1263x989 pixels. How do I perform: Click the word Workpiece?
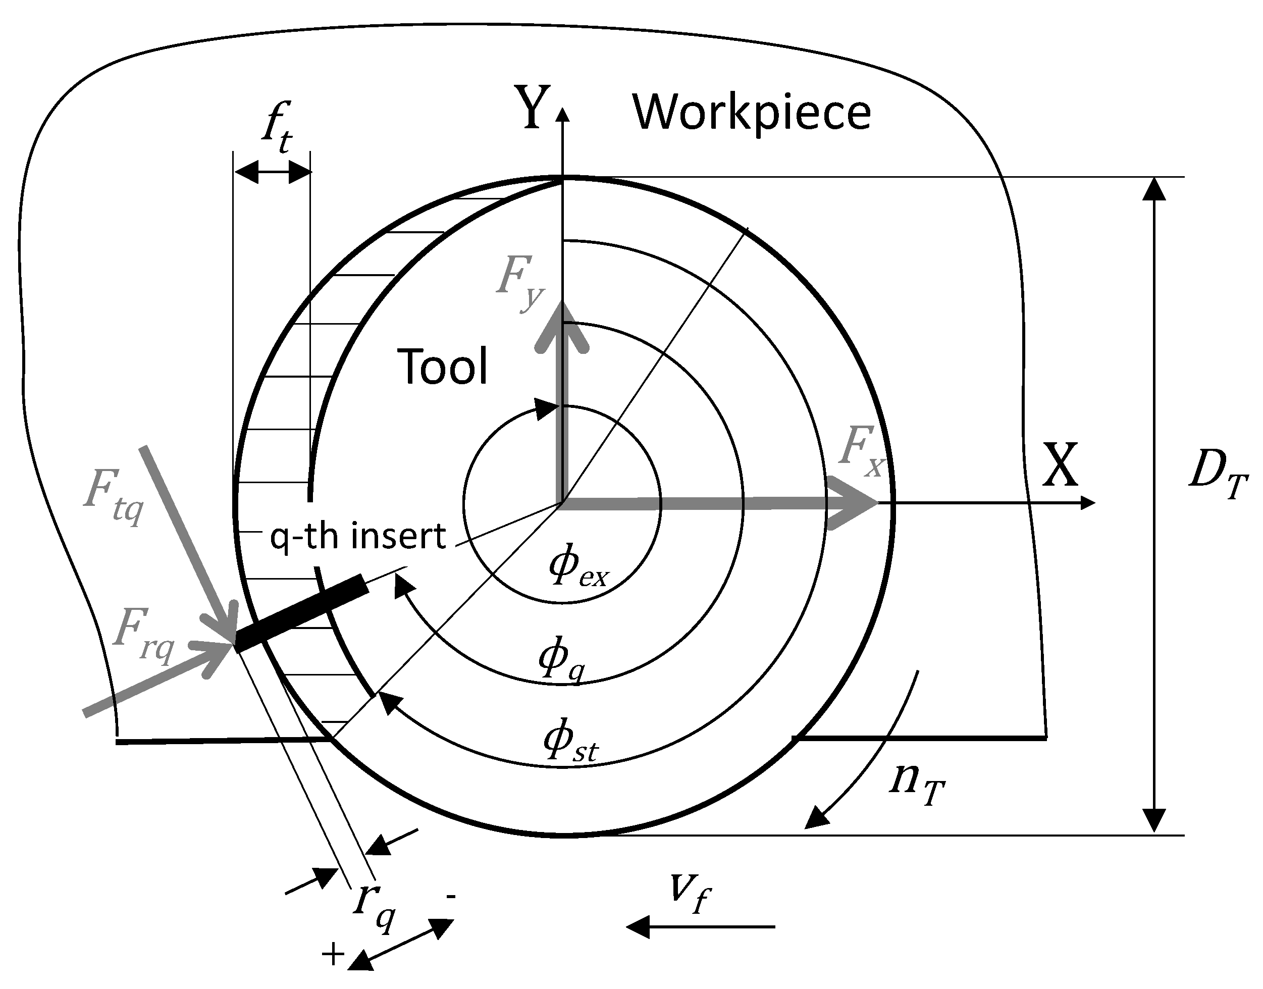[751, 113]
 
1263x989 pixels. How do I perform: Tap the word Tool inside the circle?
[443, 366]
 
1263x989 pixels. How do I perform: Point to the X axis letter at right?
[1060, 465]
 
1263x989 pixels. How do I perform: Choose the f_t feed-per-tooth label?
[277, 127]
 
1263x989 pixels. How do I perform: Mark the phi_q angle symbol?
[560, 661]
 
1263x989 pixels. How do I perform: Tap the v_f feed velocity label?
[689, 892]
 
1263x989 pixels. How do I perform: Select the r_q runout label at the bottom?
[374, 906]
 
